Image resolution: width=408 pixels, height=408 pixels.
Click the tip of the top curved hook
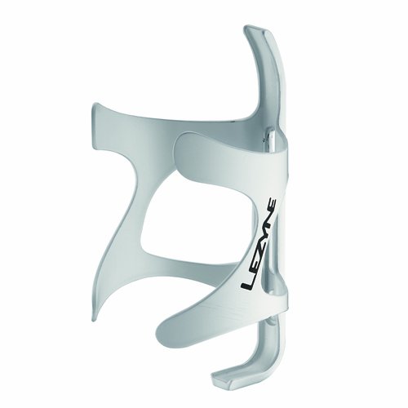[254, 32]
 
